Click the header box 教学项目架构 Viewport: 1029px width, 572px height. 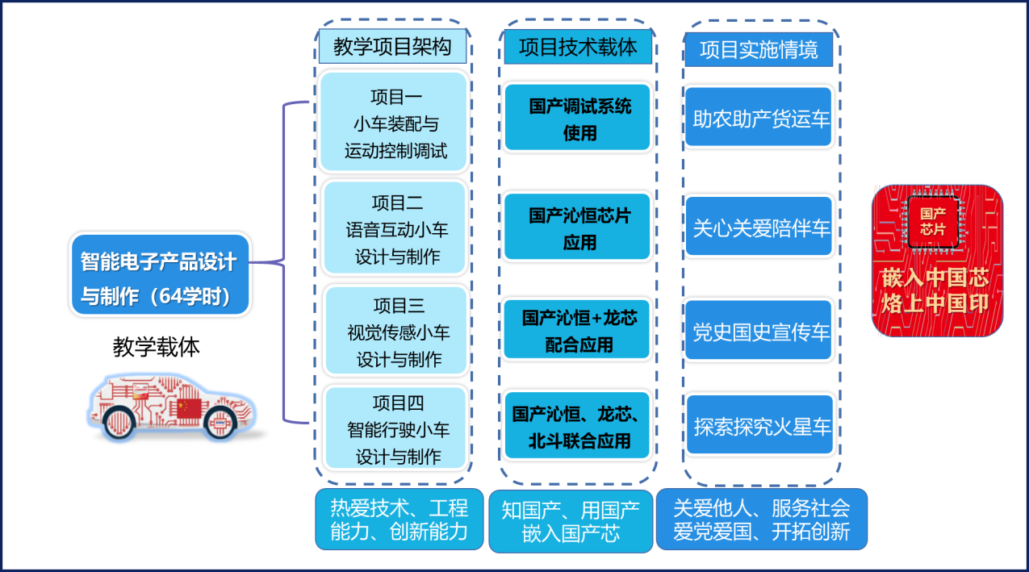pos(392,47)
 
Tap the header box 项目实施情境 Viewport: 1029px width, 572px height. pos(759,50)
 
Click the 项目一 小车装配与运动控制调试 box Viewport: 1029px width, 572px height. pos(394,122)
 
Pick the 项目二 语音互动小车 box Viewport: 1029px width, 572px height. pos(395,228)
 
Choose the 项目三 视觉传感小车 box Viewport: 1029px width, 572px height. pos(396,331)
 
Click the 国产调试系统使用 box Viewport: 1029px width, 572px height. pos(577,118)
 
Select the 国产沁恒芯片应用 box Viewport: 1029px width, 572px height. pos(577,228)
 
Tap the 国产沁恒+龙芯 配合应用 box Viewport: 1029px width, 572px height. pos(577,330)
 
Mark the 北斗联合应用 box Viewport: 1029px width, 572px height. pos(577,426)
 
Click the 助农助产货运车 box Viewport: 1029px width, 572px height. pos(759,118)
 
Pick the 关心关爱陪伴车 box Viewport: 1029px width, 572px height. pos(759,228)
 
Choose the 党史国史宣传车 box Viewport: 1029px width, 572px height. pos(759,330)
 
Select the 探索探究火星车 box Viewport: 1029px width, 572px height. pos(759,425)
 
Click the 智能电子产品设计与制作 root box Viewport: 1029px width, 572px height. pos(160,276)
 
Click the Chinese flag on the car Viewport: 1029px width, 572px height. pos(189,408)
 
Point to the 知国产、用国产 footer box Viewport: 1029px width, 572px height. pos(571,520)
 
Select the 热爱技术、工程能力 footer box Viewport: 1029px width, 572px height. pos(399,519)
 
